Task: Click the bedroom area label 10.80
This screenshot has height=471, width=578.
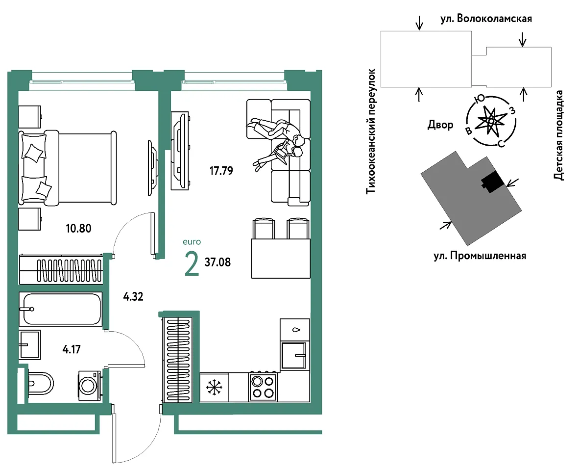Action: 78,229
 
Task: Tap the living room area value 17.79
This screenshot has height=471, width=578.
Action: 221,171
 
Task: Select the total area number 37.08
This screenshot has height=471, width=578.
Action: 217,262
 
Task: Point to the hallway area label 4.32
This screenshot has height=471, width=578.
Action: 133,296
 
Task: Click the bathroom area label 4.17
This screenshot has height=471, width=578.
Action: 72,349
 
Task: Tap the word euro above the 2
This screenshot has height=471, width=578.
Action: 192,242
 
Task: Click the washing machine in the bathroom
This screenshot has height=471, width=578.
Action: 89,386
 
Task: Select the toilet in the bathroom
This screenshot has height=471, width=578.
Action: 38,383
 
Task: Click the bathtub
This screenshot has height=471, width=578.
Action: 60,309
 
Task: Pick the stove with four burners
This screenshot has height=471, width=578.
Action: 263,387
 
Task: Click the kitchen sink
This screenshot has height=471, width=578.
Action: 294,356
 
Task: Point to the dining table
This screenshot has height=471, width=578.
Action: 281,259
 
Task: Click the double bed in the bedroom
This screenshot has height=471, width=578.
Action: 68,168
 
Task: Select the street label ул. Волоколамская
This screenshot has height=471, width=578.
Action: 486,19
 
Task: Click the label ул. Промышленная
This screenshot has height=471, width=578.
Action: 480,256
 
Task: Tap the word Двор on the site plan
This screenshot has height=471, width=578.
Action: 440,125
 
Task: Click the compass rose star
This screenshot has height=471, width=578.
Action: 491,121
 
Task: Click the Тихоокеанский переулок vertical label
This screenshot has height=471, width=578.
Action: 370,132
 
